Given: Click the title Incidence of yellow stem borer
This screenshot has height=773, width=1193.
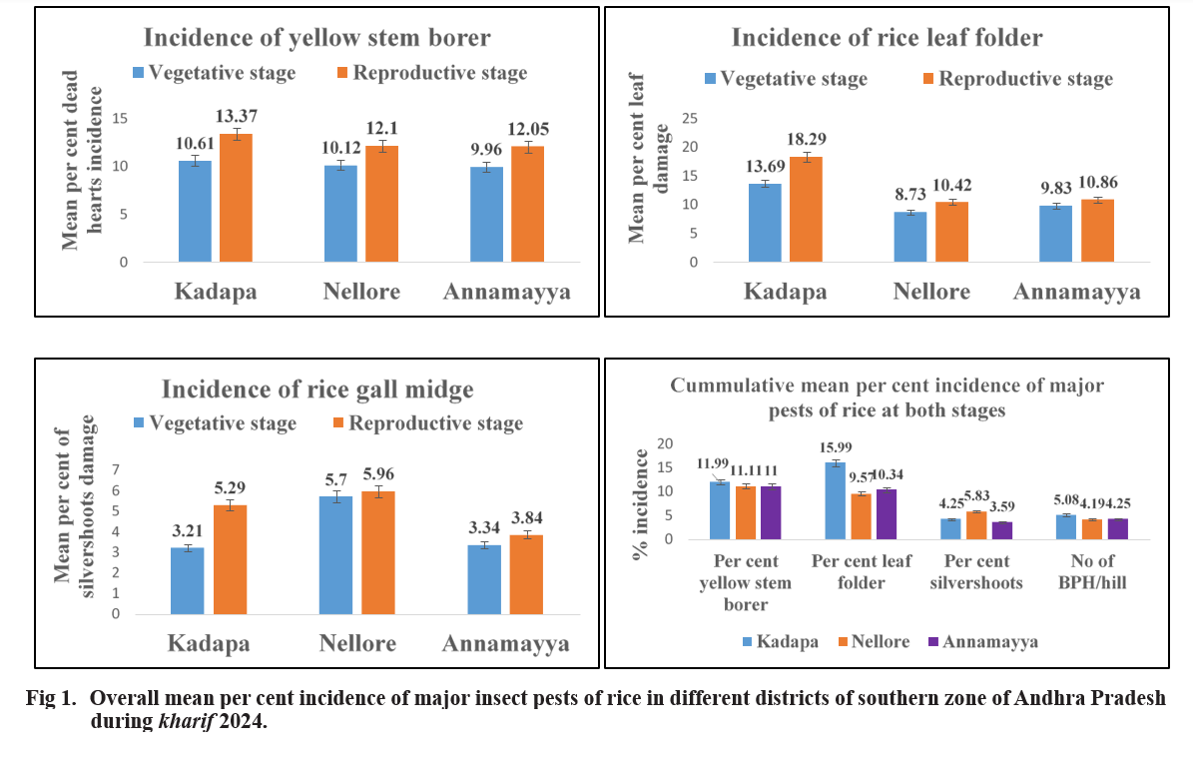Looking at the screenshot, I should (317, 38).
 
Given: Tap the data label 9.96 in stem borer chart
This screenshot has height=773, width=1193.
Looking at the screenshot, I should (487, 150).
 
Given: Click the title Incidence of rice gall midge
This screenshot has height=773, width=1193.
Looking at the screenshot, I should (317, 387).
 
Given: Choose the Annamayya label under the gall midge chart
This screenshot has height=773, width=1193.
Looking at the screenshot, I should (505, 643).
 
